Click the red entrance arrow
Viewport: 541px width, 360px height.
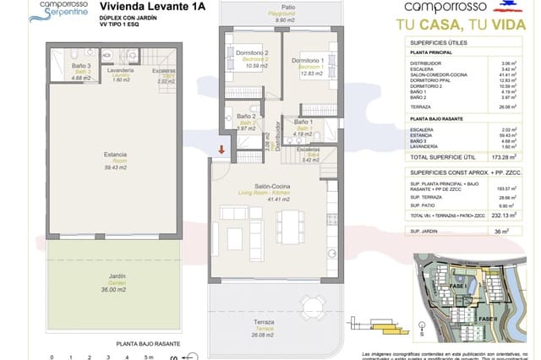pos(221,150)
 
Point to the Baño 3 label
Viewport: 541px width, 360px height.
pos(80,68)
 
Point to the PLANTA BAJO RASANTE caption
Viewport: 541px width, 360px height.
pos(145,344)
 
